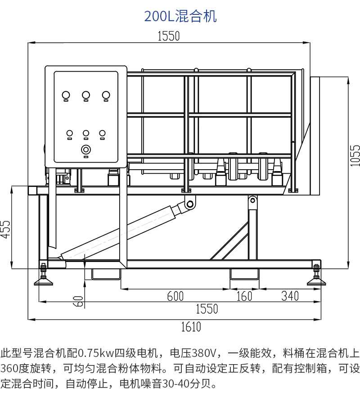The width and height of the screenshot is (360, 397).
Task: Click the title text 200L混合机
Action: click(x=180, y=16)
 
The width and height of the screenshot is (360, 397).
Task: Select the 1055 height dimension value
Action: click(x=355, y=155)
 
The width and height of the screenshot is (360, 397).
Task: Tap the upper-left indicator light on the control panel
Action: click(x=66, y=95)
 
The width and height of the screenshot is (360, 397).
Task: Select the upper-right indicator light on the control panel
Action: click(x=106, y=95)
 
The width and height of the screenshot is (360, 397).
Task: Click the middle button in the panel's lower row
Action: click(x=86, y=134)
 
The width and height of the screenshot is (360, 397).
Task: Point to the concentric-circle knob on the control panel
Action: click(x=86, y=149)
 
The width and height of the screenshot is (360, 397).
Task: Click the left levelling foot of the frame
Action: click(x=44, y=278)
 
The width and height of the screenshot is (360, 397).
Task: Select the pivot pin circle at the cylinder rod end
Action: click(x=190, y=204)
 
